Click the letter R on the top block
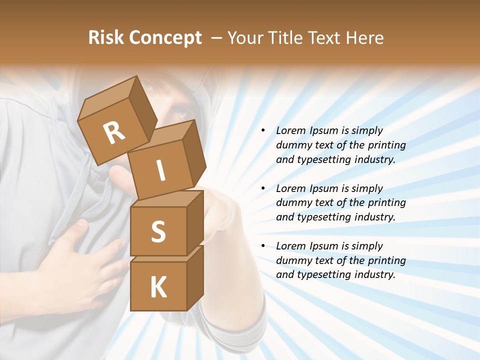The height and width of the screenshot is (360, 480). click(114, 133)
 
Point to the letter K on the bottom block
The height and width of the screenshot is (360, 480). click(158, 287)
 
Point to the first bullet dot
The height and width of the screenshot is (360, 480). click(263, 131)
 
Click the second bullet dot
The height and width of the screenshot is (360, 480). click(263, 188)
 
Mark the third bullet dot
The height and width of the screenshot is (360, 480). click(263, 246)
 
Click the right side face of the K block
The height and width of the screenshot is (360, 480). click(195, 277)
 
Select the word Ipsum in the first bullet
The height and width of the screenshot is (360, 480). click(323, 131)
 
